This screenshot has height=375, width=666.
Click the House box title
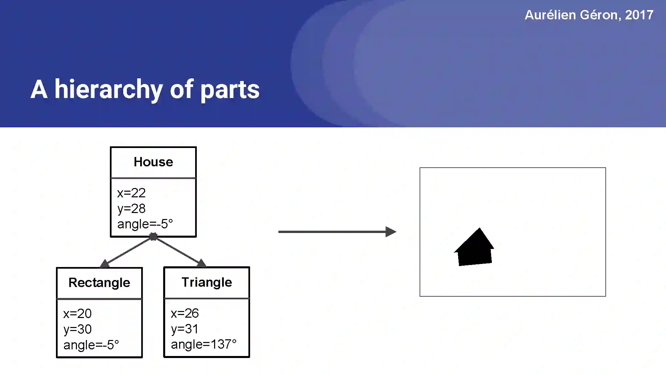[x=153, y=162]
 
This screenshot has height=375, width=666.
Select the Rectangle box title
[x=99, y=283]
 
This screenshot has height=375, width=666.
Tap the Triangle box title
[x=206, y=282]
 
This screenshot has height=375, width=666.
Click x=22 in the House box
[x=132, y=193]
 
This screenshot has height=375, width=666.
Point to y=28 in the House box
[x=132, y=209]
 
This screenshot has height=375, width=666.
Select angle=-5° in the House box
[x=145, y=224]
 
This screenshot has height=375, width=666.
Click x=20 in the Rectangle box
[x=78, y=314]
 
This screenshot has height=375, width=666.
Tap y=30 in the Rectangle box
[x=78, y=329]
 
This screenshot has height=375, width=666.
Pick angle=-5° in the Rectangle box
[x=91, y=345]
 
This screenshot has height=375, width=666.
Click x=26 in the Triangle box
[x=185, y=313]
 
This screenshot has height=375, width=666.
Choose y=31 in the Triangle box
[x=184, y=329]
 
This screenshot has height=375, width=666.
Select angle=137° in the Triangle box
[x=204, y=344]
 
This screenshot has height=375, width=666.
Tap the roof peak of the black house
[x=480, y=229]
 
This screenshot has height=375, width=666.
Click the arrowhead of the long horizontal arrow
[x=391, y=232]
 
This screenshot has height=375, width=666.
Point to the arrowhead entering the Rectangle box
[x=105, y=264]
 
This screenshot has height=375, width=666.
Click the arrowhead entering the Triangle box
[x=201, y=263]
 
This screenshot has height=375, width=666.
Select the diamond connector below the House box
[x=153, y=237]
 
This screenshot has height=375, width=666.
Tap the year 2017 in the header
[x=639, y=15]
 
